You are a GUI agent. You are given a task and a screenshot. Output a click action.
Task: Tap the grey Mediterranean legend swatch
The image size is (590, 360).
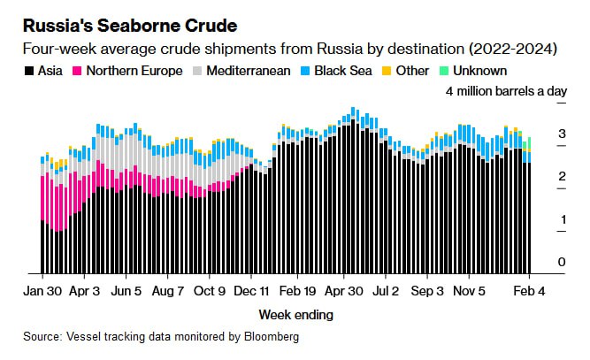pos(199,70)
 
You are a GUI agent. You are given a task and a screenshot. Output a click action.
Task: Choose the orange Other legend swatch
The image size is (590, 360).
pos(386,70)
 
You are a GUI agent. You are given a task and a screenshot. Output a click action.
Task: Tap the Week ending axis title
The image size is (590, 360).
pos(295,314)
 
